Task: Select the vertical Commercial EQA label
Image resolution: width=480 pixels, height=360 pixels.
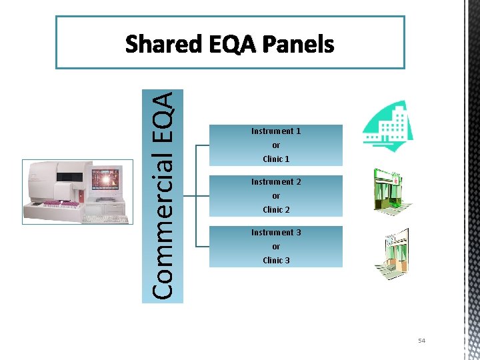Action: click(163, 195)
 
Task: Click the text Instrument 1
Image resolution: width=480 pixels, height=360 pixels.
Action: click(276, 131)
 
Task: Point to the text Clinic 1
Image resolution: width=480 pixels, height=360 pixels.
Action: click(276, 159)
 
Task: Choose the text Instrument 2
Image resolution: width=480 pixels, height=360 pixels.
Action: click(276, 182)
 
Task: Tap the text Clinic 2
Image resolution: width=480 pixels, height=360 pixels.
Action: click(276, 210)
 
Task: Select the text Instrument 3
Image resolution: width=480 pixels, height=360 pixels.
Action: click(276, 233)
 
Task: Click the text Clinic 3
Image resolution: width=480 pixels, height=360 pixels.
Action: click(276, 261)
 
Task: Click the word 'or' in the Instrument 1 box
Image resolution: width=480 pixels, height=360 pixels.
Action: click(276, 145)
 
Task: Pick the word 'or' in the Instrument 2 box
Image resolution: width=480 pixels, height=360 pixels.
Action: click(276, 196)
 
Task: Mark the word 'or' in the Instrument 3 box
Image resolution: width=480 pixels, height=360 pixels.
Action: click(276, 247)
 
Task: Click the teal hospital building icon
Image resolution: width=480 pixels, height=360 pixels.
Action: click(387, 126)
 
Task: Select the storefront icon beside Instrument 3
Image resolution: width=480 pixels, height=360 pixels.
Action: click(391, 253)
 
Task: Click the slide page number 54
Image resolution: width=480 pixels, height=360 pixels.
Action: click(421, 341)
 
